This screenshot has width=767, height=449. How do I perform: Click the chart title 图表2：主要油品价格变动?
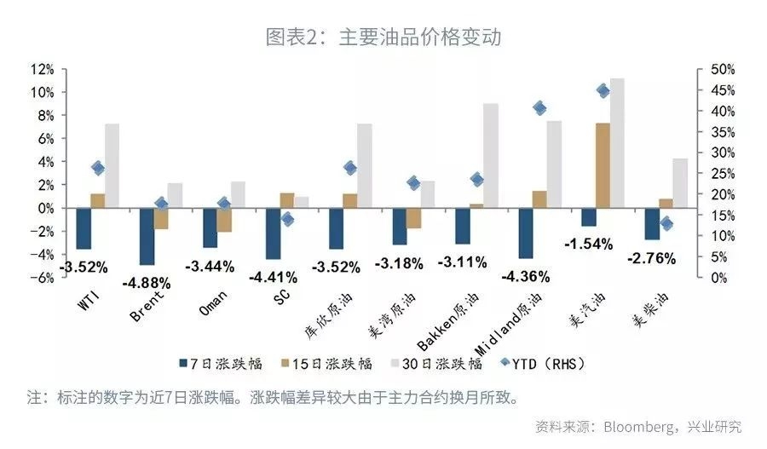point(383,37)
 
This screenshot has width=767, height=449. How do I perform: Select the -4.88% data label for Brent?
point(147,282)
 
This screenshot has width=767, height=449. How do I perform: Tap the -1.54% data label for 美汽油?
point(588,244)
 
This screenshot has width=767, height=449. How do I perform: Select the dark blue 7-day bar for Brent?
point(147,236)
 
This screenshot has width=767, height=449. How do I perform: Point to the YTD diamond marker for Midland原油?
point(539,107)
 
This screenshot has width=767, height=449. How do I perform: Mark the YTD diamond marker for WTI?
point(98,169)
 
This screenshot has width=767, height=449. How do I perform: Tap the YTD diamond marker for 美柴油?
point(666,224)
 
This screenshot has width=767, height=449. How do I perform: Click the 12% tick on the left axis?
point(43,69)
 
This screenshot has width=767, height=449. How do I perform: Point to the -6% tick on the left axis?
point(43,278)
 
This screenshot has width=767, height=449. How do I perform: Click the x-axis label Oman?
point(212,302)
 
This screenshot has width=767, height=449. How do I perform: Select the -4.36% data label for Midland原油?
point(525,276)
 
